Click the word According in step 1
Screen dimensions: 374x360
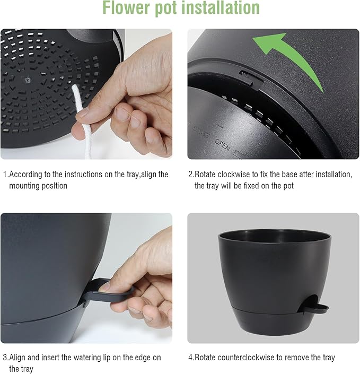click(x=26, y=174)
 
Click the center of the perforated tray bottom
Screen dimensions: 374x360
click(x=28, y=81)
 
